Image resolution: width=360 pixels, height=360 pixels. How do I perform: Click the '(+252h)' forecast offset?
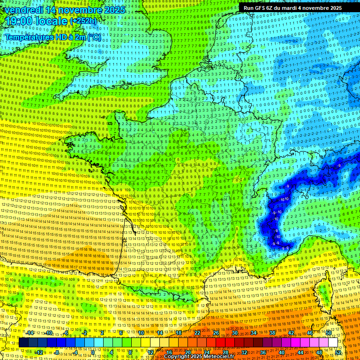pos(83,21)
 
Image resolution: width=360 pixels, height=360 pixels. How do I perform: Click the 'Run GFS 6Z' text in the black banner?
pos(258,8)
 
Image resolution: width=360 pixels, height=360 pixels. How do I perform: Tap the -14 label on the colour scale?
pos(30,333)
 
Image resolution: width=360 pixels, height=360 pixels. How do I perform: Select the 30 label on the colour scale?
pos(234,333)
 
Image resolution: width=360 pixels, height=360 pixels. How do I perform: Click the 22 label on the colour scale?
pos(197,333)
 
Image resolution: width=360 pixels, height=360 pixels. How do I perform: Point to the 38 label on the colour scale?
pos(271,333)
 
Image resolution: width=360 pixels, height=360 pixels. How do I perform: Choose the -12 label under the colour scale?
pos(39,352)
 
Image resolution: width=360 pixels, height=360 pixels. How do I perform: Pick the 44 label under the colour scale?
pos(300,352)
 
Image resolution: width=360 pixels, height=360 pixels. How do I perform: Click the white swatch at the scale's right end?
pos(333,343)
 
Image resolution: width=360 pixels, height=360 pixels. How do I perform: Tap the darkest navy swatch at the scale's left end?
pos(23,343)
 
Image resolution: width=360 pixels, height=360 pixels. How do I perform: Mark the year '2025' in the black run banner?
pos(333,8)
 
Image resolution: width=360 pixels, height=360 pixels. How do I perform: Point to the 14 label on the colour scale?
pos(160,333)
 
